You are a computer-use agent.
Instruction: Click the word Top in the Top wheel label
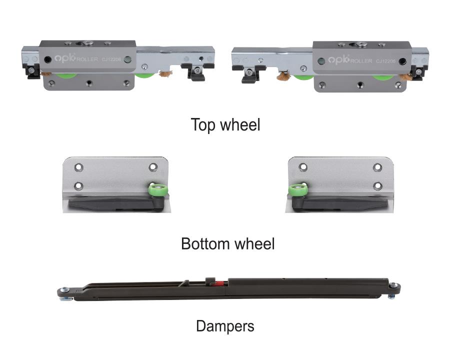[x=203, y=125]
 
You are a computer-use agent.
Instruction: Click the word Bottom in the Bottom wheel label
[x=205, y=243]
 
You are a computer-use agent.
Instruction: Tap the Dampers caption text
[x=225, y=326]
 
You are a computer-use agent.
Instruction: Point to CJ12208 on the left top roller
[x=111, y=59]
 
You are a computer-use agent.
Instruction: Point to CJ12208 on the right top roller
[x=385, y=61]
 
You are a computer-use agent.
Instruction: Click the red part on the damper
[x=219, y=283]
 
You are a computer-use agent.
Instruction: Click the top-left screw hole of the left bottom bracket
[x=78, y=167]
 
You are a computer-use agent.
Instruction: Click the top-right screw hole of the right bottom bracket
[x=377, y=167]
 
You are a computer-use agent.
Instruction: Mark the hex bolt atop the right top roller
[x=360, y=44]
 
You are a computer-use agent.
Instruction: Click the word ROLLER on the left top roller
[x=87, y=59]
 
